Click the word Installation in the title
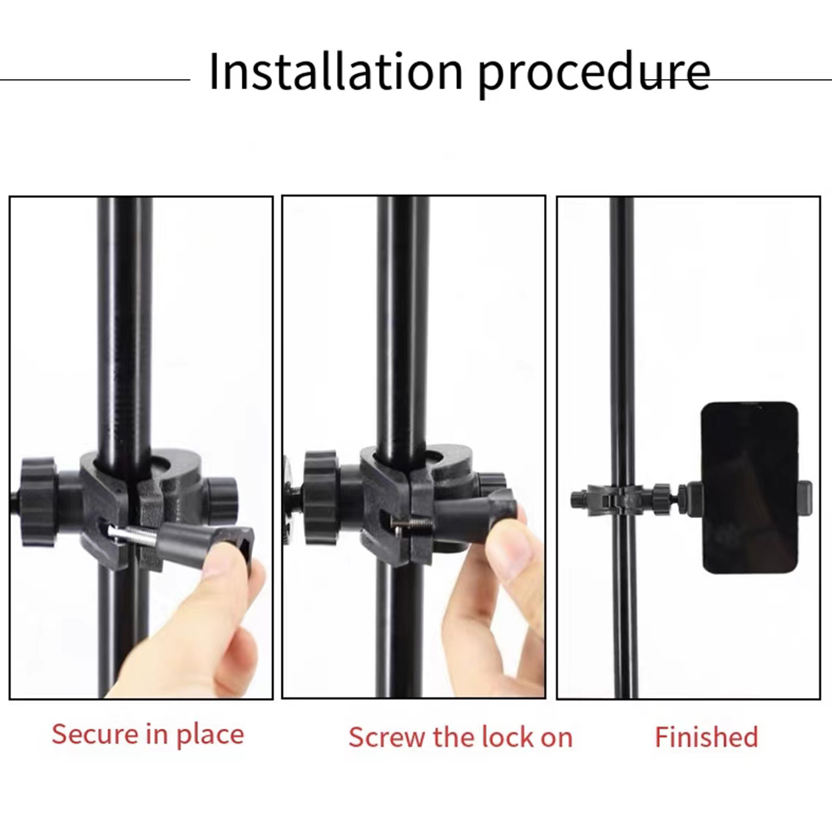pyautogui.click(x=336, y=71)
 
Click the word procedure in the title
pyautogui.click(x=594, y=75)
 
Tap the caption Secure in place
pyautogui.click(x=148, y=735)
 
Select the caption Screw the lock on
pyautogui.click(x=461, y=737)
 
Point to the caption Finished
pyautogui.click(x=706, y=737)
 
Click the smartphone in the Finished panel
pyautogui.click(x=750, y=488)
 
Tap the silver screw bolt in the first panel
pyautogui.click(x=131, y=534)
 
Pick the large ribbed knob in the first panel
pyautogui.click(x=38, y=502)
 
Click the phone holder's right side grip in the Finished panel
pyautogui.click(x=805, y=498)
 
